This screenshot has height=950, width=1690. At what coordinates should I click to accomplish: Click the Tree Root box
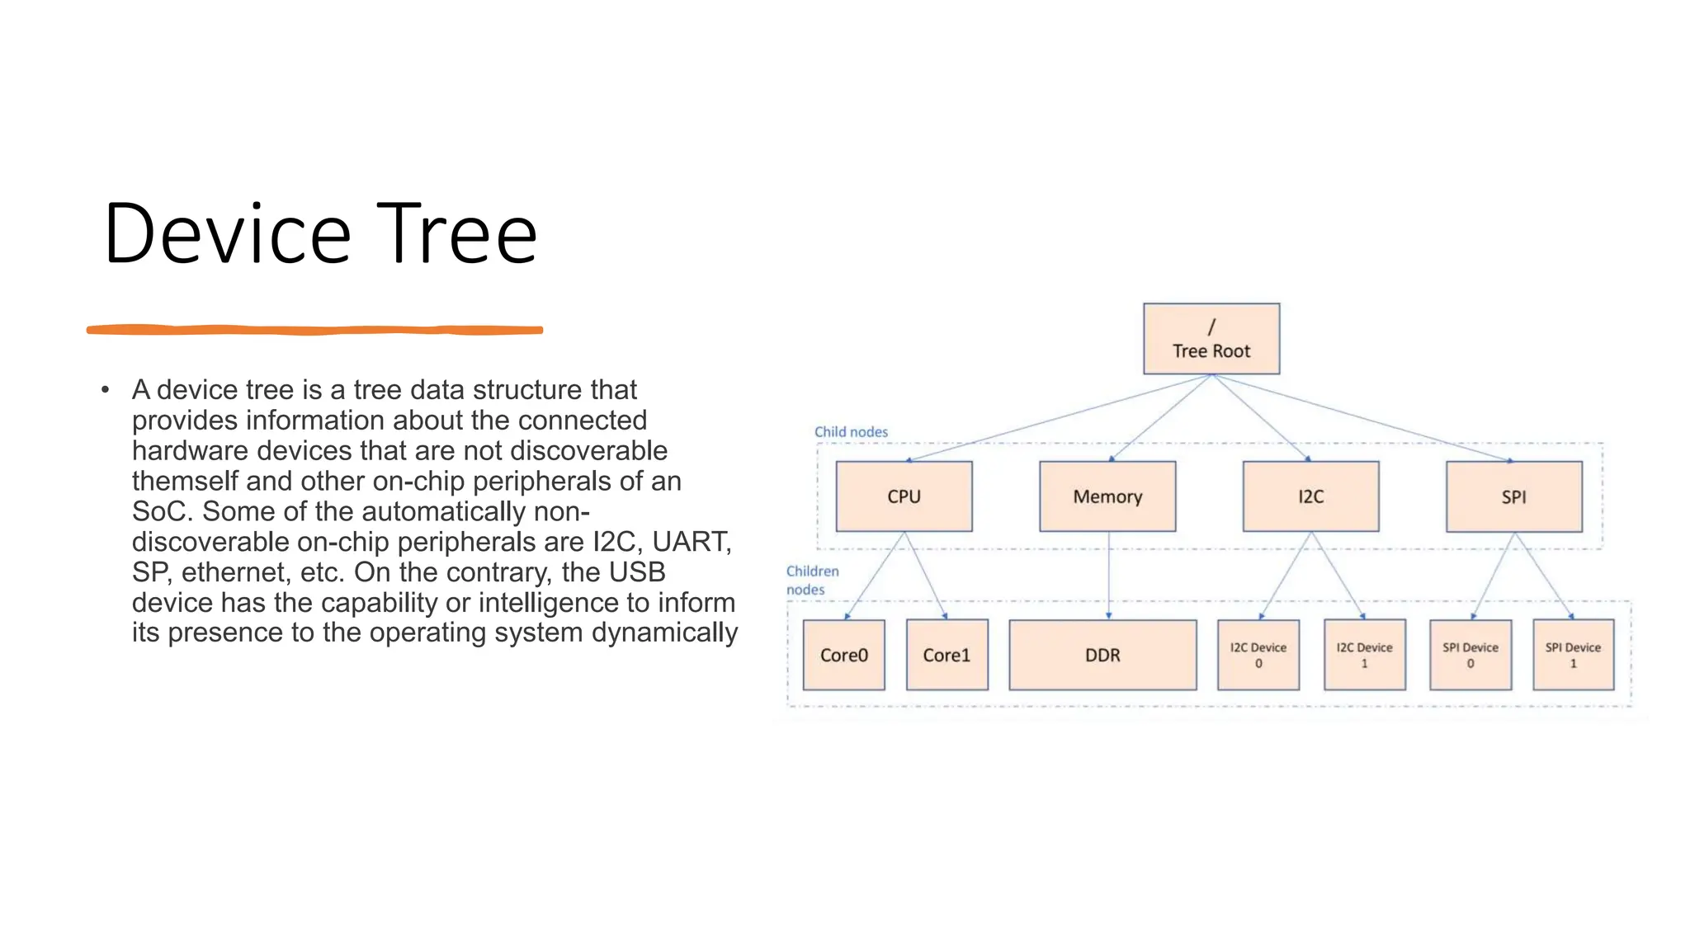coord(1211,339)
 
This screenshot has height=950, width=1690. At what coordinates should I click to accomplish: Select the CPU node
coord(904,496)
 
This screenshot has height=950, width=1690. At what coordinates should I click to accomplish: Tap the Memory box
coord(1107,496)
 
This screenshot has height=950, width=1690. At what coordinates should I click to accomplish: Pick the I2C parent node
coord(1310,496)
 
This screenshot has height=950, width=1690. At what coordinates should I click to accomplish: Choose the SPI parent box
coord(1513,496)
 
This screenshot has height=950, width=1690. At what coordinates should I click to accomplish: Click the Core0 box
coord(843,655)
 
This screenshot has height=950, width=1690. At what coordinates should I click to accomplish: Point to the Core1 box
coord(946,655)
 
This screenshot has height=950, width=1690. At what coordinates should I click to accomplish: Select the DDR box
coord(1102,655)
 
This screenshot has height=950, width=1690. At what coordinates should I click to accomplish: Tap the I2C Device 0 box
coord(1258,655)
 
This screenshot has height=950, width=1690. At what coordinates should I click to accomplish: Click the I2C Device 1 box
coord(1364,655)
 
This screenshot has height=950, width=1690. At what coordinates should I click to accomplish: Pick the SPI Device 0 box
coord(1470,655)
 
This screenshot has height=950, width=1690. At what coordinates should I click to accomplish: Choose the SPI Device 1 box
coord(1573,655)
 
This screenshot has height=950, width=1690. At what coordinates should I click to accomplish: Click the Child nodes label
coord(851,431)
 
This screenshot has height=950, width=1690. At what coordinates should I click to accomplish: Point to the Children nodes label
coord(811,580)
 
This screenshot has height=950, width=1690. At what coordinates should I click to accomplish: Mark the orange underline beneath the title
coord(314,330)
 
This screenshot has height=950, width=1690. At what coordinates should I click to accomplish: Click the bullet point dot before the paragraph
coord(105,389)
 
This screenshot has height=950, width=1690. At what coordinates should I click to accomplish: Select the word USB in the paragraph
coord(636,571)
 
